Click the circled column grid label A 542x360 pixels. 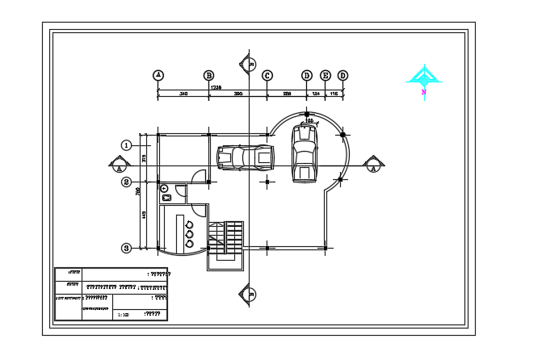pos(158,75)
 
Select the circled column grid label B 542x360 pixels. pos(208,75)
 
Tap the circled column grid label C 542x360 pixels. pos(267,75)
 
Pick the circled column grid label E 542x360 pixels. pos(326,75)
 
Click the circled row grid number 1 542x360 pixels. pos(126,145)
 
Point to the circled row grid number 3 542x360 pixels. pos(126,248)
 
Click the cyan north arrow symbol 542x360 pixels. pos(422,77)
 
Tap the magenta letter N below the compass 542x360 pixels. pos(423,93)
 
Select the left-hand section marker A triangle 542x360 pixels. pos(119,165)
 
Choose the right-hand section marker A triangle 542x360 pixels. pos(372,165)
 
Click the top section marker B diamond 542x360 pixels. pos(249,63)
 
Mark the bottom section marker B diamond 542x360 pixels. pos(249,293)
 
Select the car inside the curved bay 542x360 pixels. pos(305,153)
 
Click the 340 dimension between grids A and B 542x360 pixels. pos(183,94)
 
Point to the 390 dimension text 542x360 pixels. pos(238,94)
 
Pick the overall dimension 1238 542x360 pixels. pos(216,86)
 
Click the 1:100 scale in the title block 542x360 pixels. pos(123,315)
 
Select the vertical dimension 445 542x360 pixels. pos(144,215)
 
